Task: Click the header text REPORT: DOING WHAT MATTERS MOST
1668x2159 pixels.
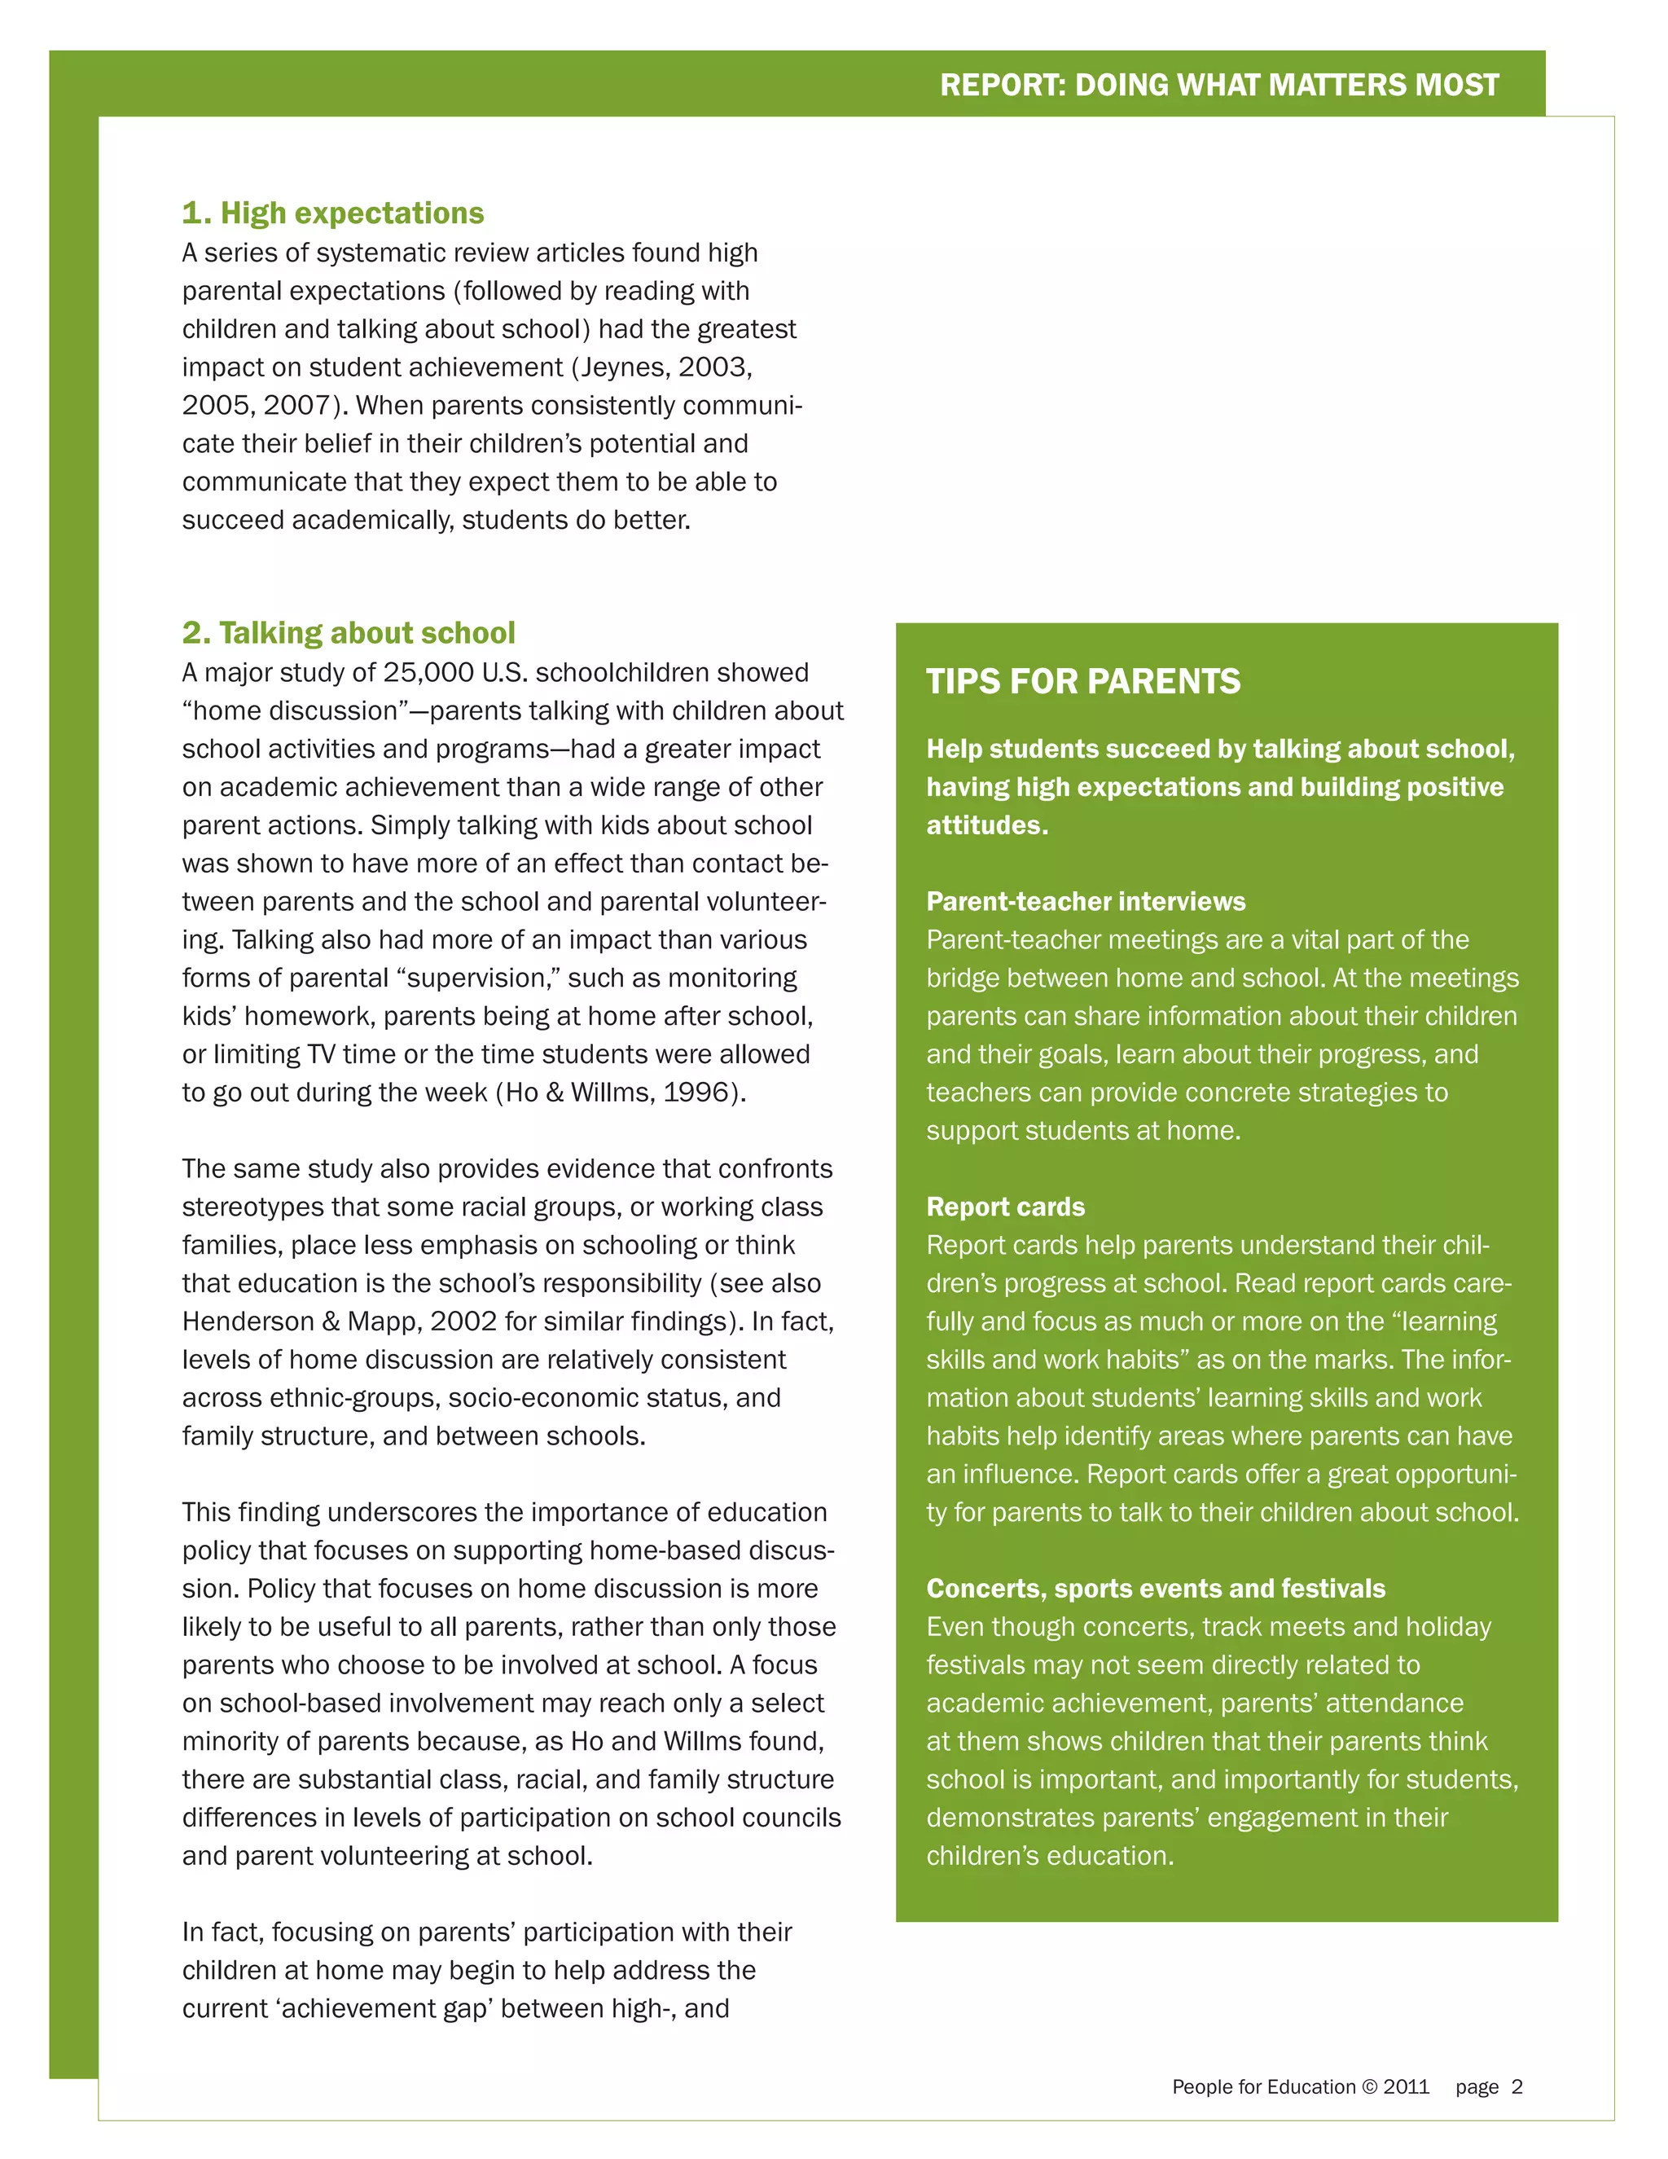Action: (x=1218, y=85)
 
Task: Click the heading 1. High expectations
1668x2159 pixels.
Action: (x=333, y=213)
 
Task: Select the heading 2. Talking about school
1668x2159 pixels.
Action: (x=348, y=633)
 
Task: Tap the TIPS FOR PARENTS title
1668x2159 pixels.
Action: (x=1083, y=681)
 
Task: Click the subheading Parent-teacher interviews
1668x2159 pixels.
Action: (x=1085, y=902)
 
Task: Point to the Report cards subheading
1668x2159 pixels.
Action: (x=1005, y=1207)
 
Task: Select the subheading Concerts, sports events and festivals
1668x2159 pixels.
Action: (x=1155, y=1589)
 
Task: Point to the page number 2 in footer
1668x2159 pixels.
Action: (x=1517, y=2086)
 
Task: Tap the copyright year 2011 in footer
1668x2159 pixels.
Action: (x=1406, y=2086)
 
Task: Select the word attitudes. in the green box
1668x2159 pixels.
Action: (x=986, y=825)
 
